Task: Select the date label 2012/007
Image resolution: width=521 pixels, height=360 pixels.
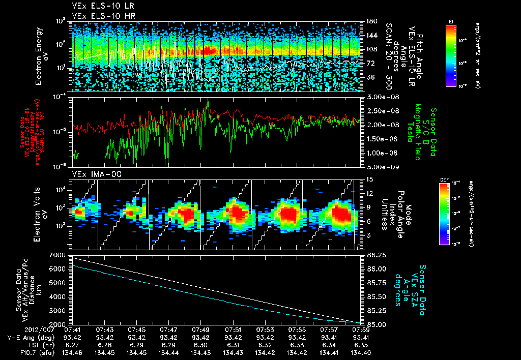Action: [x=17, y=329]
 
